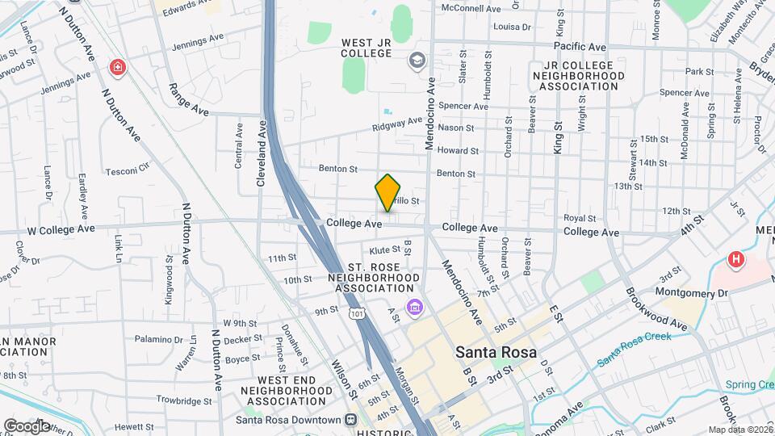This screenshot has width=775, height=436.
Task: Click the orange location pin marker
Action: coord(388,192)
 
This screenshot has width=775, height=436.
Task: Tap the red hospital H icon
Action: coord(735,260)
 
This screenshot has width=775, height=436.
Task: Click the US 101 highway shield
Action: coord(355,312)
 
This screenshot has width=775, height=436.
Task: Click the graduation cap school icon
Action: coord(417,60)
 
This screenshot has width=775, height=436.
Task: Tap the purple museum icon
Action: coord(415,307)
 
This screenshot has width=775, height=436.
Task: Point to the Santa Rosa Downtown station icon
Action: coord(350,420)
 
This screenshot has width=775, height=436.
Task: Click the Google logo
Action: coord(26,426)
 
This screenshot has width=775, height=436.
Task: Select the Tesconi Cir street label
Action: coord(128,171)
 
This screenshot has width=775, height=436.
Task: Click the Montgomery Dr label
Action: coord(692,291)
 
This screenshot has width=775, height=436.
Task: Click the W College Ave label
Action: coord(61,229)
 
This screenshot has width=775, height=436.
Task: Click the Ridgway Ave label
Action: coord(397,124)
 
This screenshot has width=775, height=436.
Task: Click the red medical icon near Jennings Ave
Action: coord(119,66)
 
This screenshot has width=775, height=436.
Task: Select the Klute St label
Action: coord(385,250)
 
